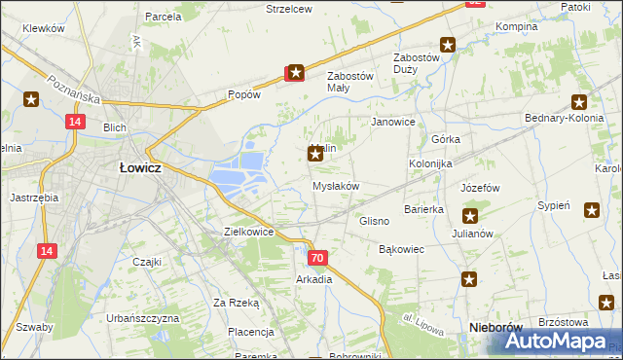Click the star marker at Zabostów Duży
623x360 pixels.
[x=448, y=44]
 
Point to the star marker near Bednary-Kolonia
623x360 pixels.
[x=579, y=102]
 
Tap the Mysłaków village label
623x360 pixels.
[x=336, y=186]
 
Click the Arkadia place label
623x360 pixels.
[x=314, y=279]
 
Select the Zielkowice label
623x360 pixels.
[x=248, y=233]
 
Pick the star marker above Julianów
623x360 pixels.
[x=470, y=216]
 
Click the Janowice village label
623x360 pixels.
[x=394, y=123]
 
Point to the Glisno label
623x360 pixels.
[x=375, y=222]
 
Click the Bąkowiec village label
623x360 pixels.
[x=401, y=250]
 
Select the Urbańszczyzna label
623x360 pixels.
[x=142, y=318]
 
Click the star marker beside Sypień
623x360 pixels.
[x=592, y=209]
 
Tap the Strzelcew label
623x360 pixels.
[x=288, y=9]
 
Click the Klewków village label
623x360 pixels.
[x=42, y=28]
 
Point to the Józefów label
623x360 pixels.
[x=480, y=188]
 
